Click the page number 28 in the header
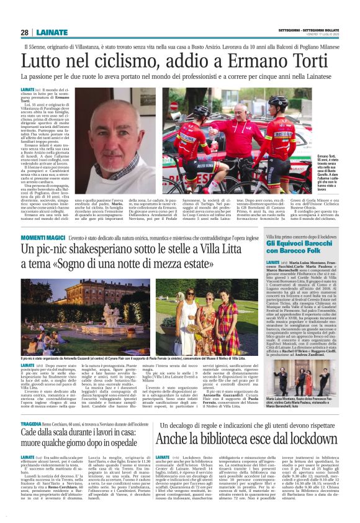tap(24, 33)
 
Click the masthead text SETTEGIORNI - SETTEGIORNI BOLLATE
tap(311, 29)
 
